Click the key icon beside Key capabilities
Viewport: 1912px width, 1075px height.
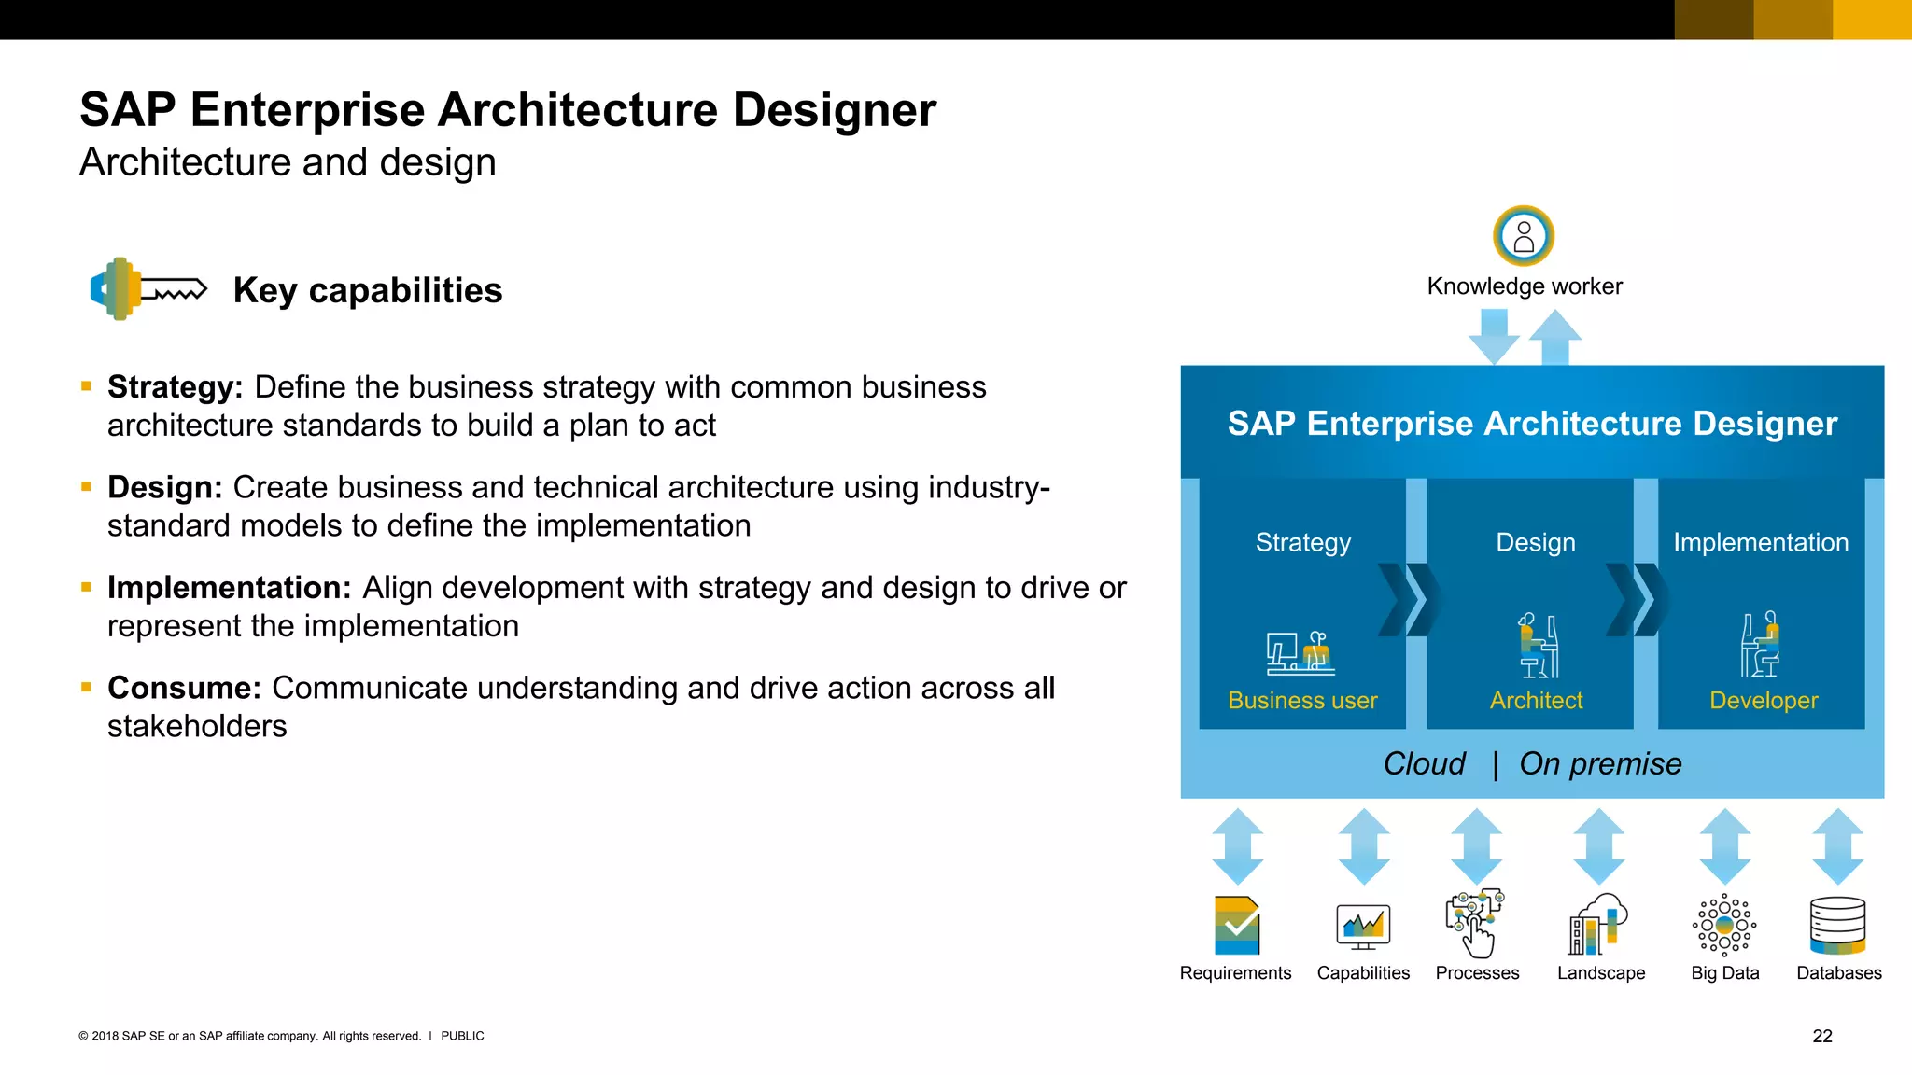(x=148, y=289)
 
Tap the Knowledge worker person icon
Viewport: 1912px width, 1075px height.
(x=1524, y=236)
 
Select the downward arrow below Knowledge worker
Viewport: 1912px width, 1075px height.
(x=1494, y=337)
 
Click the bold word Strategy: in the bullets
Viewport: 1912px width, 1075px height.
(x=176, y=387)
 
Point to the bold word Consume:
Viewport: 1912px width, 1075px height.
(x=184, y=688)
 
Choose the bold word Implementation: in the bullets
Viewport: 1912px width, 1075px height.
(x=229, y=588)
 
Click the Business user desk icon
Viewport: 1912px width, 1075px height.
(x=1300, y=652)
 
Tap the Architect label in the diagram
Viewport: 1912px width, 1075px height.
(x=1536, y=701)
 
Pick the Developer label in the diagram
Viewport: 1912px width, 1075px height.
(x=1764, y=701)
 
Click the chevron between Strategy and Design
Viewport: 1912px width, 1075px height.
(x=1410, y=600)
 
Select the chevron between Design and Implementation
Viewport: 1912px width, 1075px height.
(x=1638, y=600)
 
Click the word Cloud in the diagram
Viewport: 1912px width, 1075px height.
(x=1424, y=764)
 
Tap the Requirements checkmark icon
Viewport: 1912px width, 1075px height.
(x=1237, y=926)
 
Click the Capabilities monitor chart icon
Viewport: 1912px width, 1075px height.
(x=1363, y=927)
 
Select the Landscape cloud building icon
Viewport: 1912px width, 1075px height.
(x=1598, y=925)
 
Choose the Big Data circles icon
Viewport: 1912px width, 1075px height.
(x=1724, y=926)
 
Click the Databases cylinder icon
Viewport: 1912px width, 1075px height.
(x=1837, y=926)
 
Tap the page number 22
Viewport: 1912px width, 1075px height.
(x=1822, y=1036)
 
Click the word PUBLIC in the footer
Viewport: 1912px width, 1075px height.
(x=462, y=1036)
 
